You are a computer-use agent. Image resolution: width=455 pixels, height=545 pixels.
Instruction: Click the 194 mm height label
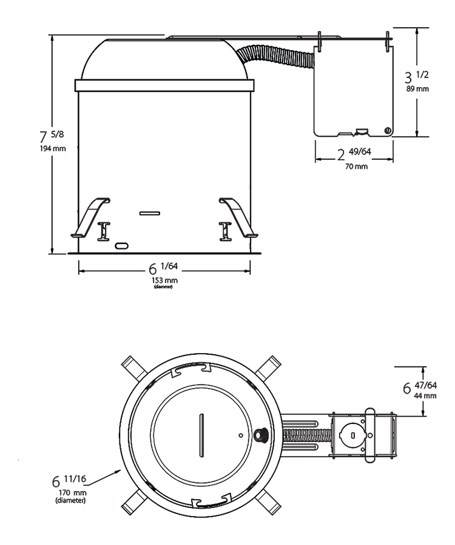[x=51, y=148]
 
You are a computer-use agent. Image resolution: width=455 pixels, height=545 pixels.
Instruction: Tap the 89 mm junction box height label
[x=417, y=88]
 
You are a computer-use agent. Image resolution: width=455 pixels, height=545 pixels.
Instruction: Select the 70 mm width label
[x=357, y=166]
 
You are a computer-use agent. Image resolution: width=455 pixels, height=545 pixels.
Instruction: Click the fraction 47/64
[x=426, y=385]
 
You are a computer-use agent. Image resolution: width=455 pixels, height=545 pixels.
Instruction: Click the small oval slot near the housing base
[x=122, y=245]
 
